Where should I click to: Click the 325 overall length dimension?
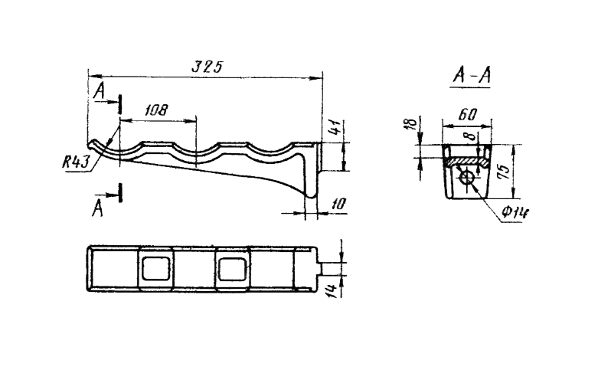click(x=207, y=67)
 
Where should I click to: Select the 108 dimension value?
click(x=156, y=110)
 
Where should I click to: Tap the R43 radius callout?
click(x=76, y=162)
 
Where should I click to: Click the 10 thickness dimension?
click(x=338, y=204)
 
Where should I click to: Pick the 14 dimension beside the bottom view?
click(x=332, y=290)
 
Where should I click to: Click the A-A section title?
click(x=472, y=75)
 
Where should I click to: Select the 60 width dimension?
click(x=467, y=114)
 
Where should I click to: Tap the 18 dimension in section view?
click(x=410, y=124)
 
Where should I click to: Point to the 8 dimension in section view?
click(x=470, y=136)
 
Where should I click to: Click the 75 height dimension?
click(x=504, y=172)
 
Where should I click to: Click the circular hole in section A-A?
click(x=467, y=178)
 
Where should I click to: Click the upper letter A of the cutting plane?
click(x=100, y=92)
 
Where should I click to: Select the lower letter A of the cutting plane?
click(x=98, y=209)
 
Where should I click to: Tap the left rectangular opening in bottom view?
click(x=156, y=268)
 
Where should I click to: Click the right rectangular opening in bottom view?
click(x=232, y=269)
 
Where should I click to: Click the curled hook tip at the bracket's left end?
click(x=92, y=144)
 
